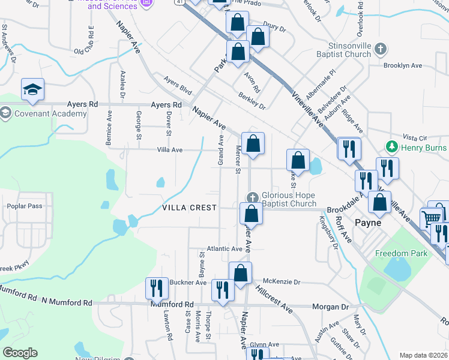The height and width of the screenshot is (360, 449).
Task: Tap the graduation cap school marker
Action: coord(32,89)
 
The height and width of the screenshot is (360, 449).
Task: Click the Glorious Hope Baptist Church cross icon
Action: coord(253,197)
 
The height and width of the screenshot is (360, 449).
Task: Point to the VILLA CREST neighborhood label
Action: coord(189,208)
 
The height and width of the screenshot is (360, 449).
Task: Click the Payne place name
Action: coord(368,223)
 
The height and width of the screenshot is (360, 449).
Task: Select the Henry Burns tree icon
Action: coord(392,147)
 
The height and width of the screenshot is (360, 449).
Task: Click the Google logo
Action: coord(20,353)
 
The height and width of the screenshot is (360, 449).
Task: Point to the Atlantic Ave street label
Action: coord(224,248)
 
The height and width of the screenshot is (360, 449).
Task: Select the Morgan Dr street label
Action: coord(331,307)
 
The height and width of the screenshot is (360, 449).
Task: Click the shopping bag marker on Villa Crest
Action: coord(250,213)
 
